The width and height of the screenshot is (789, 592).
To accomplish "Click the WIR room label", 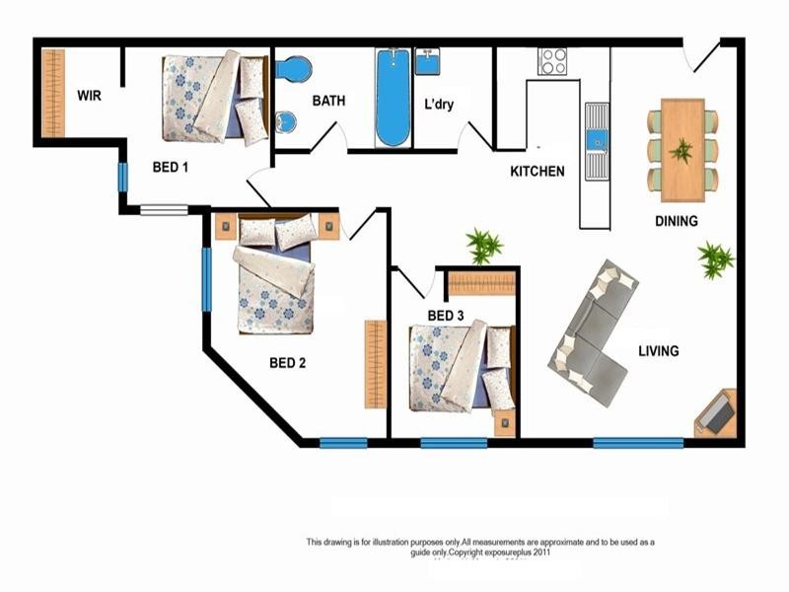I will [x=89, y=97].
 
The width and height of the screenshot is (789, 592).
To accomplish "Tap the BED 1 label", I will [x=171, y=168].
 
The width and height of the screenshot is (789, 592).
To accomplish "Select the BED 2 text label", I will [x=287, y=363].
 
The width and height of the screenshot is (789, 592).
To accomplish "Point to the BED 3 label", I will [x=446, y=316].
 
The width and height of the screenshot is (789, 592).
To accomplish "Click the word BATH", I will [x=328, y=101].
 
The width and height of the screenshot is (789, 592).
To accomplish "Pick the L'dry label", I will [x=439, y=105].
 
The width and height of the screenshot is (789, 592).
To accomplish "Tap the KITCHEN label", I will [x=538, y=172].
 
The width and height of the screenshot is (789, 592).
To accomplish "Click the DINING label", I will [x=677, y=221].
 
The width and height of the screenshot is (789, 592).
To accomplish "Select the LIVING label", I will [x=658, y=350].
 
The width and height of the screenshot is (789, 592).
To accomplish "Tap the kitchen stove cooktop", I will [x=552, y=61].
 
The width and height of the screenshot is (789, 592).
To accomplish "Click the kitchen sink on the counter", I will [x=597, y=141].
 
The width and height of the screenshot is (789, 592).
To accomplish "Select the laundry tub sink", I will [x=428, y=62].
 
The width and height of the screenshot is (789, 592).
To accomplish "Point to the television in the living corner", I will [x=717, y=413].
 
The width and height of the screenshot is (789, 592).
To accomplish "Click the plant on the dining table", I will [x=681, y=151].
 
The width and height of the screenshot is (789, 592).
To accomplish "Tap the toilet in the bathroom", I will [x=292, y=70].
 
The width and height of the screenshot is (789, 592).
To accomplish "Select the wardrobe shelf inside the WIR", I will [x=52, y=94].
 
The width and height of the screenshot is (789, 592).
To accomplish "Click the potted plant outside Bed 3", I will [x=483, y=246].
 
